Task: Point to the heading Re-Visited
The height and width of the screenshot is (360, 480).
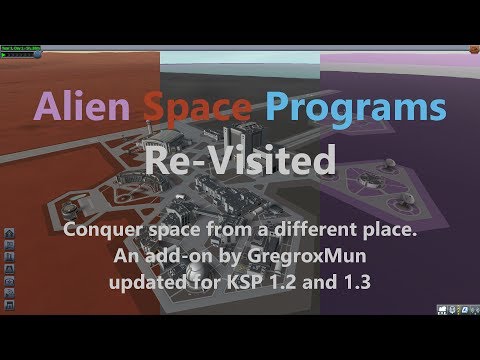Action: click(240, 157)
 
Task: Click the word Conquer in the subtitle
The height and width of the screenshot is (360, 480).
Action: click(98, 229)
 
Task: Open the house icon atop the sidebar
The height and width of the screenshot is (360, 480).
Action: click(10, 230)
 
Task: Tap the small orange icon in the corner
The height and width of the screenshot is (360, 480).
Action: click(471, 47)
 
